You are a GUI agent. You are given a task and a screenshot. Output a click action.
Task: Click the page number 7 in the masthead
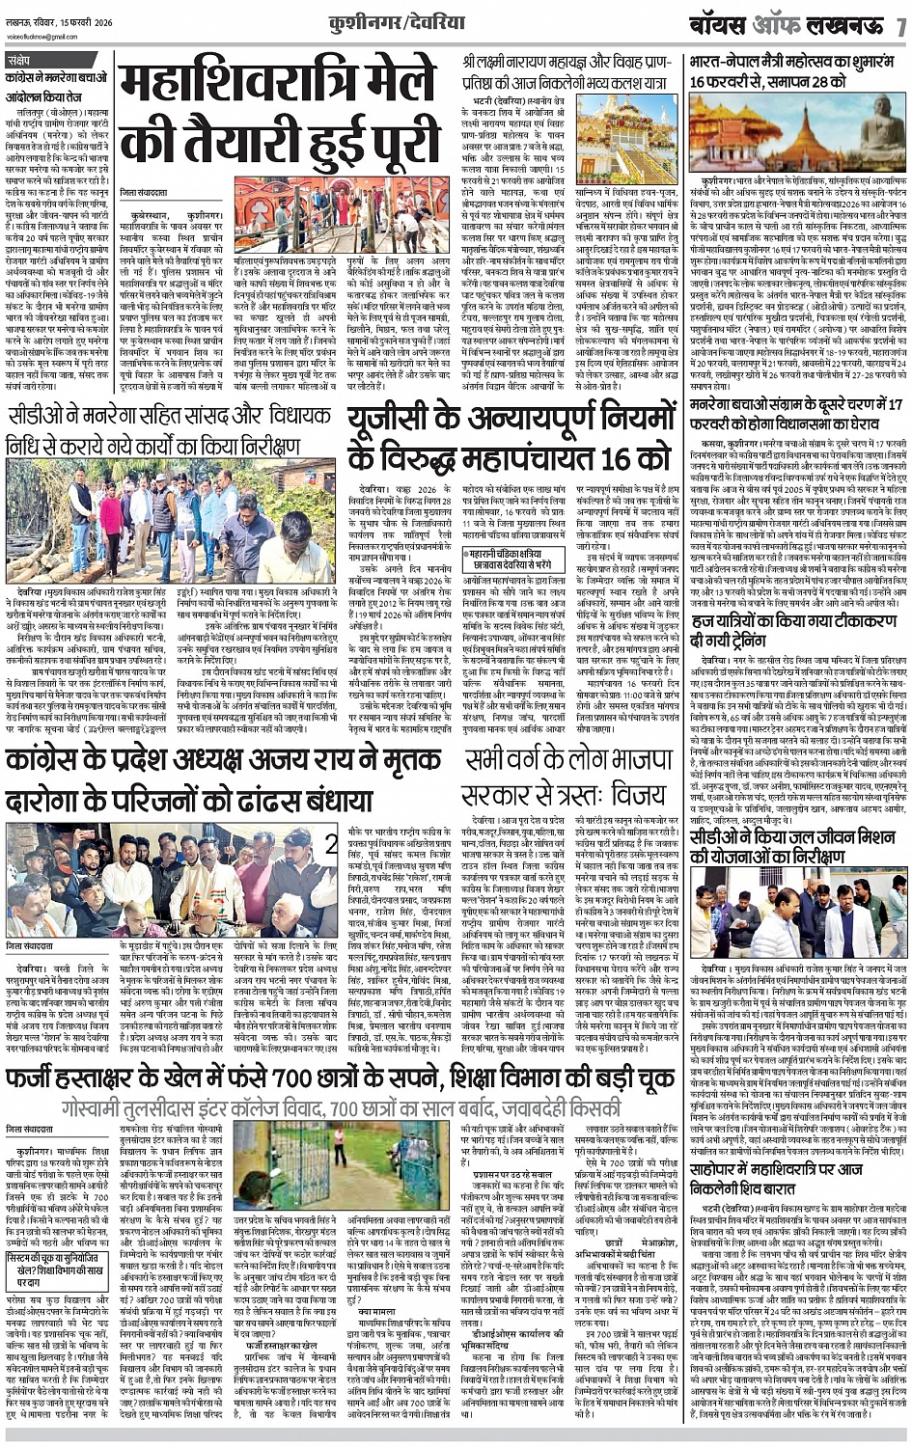click(899, 22)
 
